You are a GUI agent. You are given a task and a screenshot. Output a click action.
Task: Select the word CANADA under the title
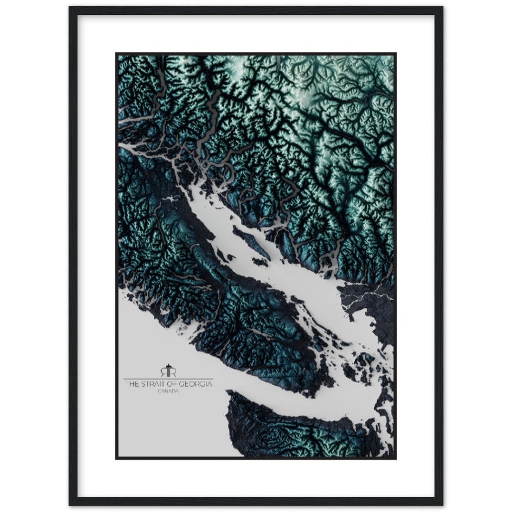click(169, 391)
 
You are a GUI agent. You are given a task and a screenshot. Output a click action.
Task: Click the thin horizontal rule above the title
click(169, 378)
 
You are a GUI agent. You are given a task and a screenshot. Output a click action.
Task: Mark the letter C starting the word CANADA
click(161, 391)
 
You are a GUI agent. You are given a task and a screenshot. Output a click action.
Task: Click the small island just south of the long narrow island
click(259, 262)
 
